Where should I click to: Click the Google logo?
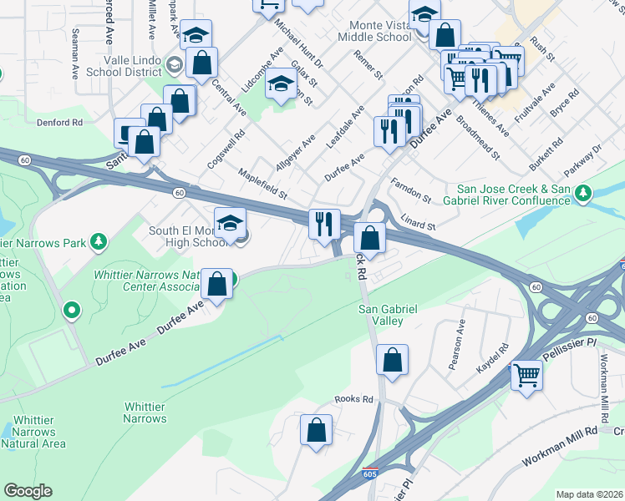(x=28, y=491)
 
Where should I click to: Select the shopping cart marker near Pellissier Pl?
(x=526, y=375)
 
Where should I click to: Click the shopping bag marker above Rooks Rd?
(x=392, y=360)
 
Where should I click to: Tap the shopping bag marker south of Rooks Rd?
(x=316, y=431)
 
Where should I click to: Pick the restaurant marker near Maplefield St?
(x=323, y=224)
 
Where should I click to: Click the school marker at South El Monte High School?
(x=231, y=222)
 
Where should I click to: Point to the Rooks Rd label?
(x=353, y=400)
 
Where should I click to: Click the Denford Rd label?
(x=59, y=122)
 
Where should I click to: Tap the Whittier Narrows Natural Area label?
(x=34, y=433)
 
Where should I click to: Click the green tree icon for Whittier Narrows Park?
(x=99, y=242)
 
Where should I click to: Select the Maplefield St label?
(x=262, y=185)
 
